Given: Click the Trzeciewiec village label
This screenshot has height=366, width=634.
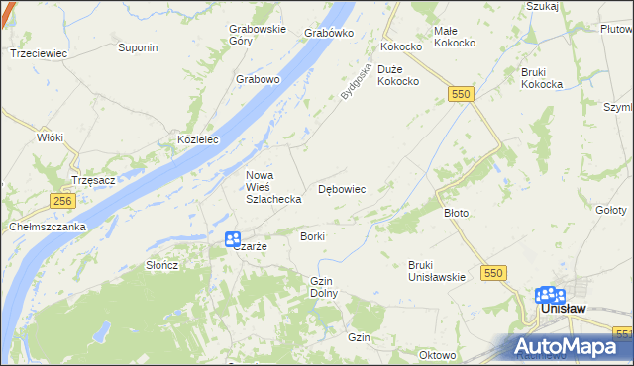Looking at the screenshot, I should coord(38,53).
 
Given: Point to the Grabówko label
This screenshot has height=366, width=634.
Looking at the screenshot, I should coord(330,33).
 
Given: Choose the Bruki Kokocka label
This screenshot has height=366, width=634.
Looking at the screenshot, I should coord(542,78).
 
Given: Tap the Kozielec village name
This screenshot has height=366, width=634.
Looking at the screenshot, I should coord(197,140).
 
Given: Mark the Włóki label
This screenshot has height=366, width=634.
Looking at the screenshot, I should coord(50,137).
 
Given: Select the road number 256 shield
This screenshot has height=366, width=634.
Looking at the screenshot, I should coord(61,200).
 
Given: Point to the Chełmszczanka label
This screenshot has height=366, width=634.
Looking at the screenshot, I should coord(49,226).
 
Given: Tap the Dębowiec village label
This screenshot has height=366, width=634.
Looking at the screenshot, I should coord(342,188).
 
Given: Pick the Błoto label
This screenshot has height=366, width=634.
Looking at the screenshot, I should coord(456,213).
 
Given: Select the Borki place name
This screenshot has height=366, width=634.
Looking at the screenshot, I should coord(312,237).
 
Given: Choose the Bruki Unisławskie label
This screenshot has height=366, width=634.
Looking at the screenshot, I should coord(437,270).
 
